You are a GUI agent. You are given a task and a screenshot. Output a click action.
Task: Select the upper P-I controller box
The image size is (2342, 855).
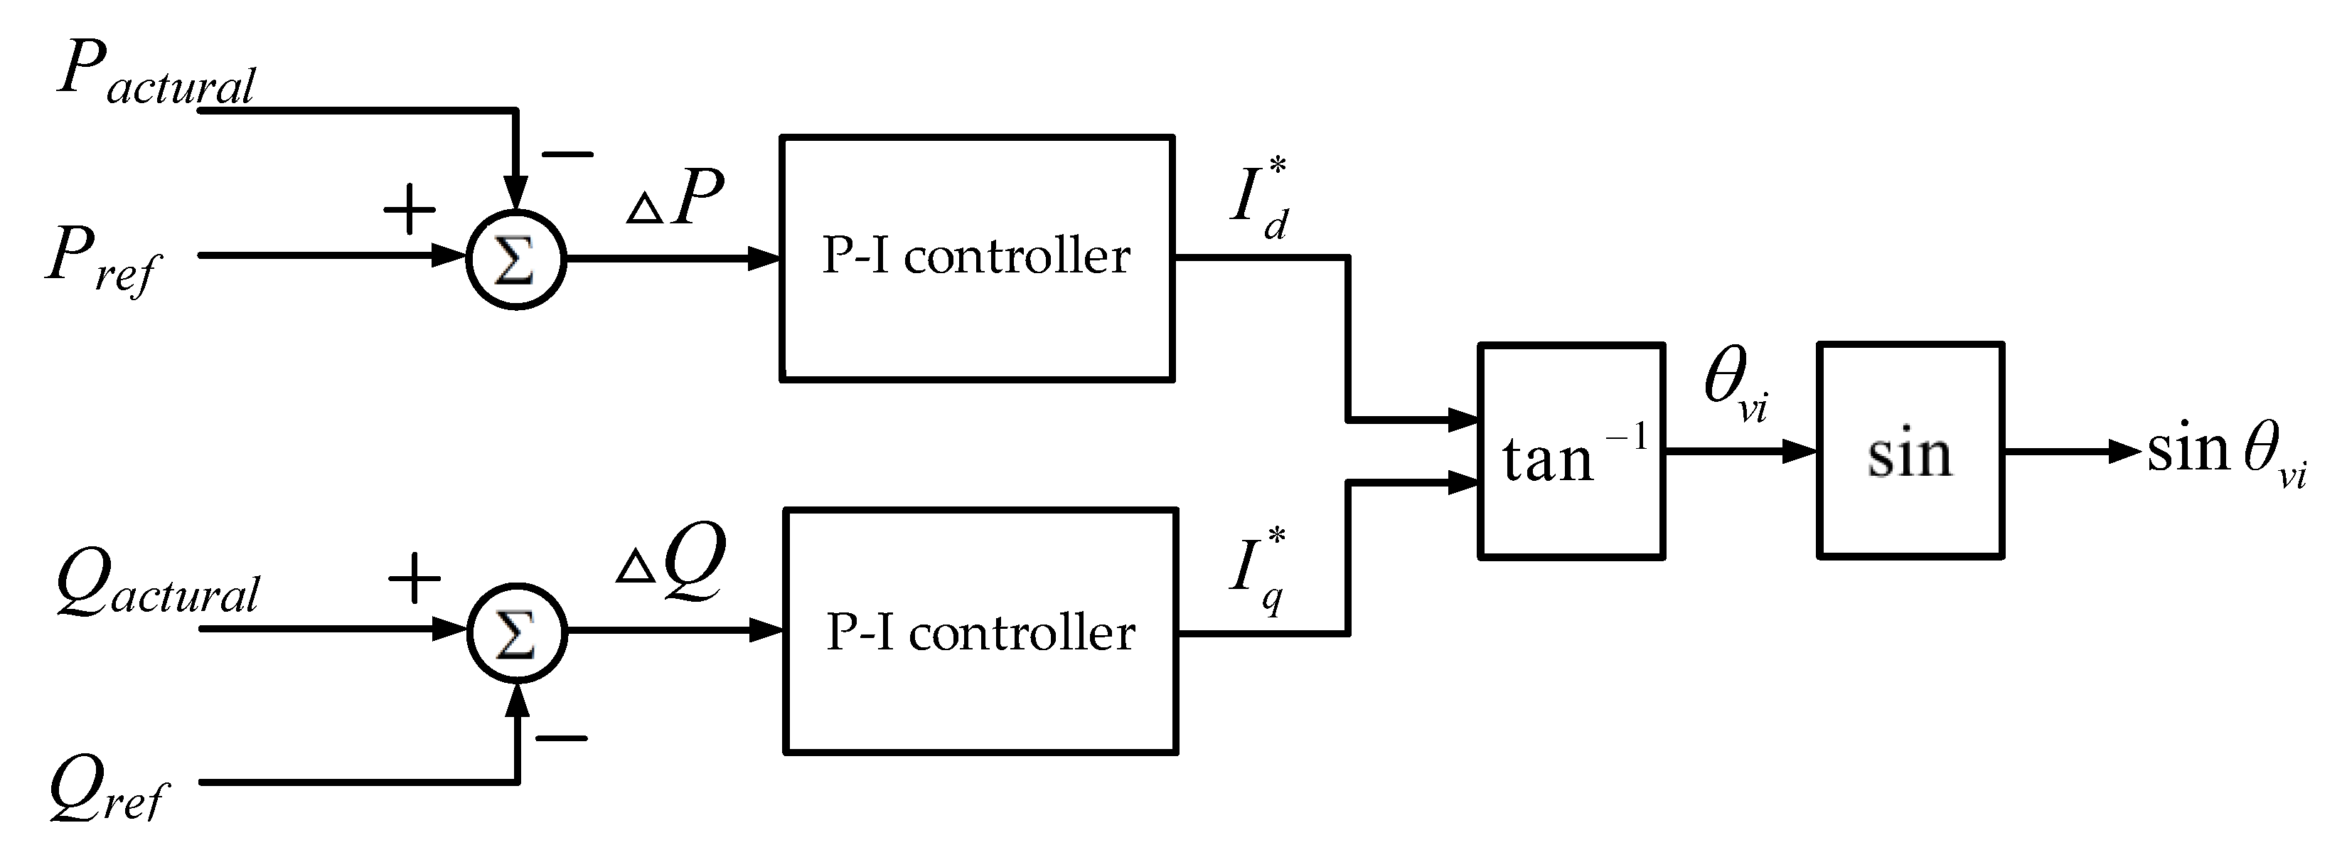[976, 258]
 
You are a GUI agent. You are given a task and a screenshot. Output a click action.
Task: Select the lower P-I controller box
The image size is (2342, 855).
[980, 631]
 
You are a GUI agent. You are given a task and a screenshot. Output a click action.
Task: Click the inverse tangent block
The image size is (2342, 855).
[1571, 451]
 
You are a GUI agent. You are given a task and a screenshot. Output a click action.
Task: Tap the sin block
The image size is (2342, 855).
[1910, 451]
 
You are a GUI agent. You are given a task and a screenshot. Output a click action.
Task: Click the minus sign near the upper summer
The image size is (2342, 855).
[567, 154]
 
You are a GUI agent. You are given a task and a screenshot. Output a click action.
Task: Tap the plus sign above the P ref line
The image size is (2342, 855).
[409, 209]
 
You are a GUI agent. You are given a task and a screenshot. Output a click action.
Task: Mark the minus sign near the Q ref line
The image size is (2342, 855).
[561, 737]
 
